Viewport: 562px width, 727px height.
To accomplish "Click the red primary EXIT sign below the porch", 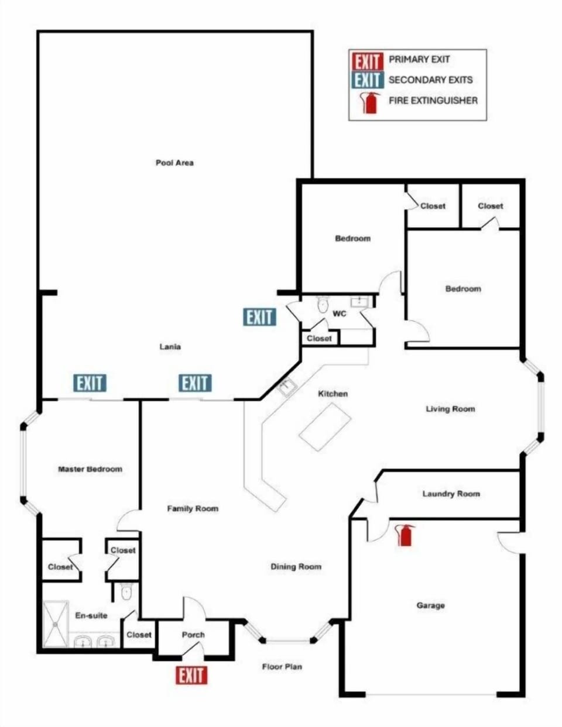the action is coord(191,675).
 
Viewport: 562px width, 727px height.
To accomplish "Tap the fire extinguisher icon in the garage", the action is coord(405,535).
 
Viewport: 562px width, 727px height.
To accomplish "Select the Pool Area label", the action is coord(174,163).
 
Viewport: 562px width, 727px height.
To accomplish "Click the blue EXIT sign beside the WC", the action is coord(260,317).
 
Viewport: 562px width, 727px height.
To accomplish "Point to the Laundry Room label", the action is coord(451,494).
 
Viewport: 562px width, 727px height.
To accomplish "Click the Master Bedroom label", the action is coord(90,469).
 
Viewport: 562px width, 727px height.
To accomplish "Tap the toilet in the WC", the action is coord(323,305).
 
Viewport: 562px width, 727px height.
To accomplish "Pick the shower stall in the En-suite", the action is coord(56,624).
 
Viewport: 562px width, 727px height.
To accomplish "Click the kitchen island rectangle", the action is coord(325,427).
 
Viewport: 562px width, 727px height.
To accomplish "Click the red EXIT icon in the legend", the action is coord(367,61).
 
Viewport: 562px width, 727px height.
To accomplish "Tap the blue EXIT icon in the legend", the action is coord(367,80).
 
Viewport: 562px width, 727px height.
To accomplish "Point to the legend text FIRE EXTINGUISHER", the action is coord(433,101).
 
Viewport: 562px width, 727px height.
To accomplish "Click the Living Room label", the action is coord(450,409).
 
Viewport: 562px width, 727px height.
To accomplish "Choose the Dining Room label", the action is coord(296,567).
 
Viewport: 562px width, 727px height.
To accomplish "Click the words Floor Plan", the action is coord(282,667).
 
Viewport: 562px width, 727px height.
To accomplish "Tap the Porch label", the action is coord(193,635).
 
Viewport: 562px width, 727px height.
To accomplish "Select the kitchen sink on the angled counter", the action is coord(287,387).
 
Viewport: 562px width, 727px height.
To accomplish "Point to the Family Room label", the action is coord(193,508).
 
